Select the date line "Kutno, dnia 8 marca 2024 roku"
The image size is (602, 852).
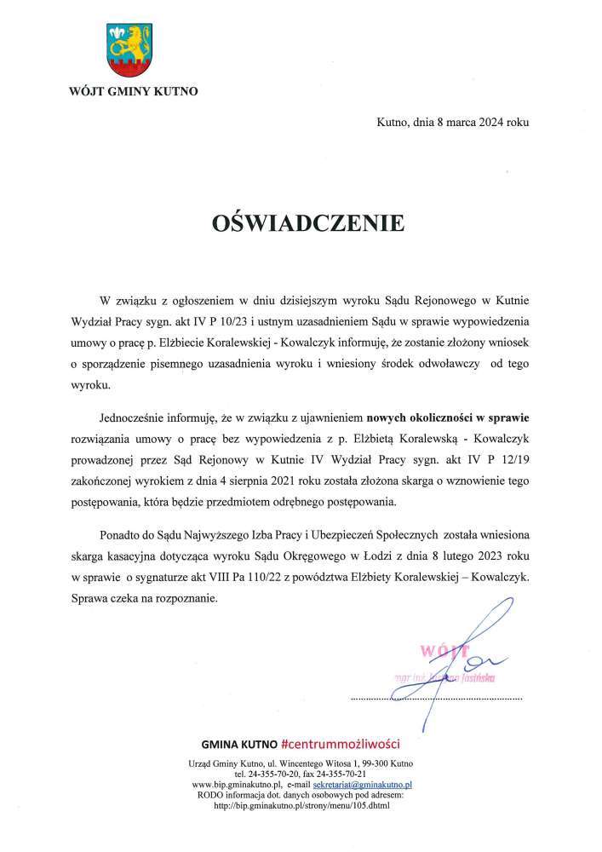(452, 123)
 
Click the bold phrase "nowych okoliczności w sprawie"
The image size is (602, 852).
(448, 418)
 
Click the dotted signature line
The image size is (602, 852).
(436, 698)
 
